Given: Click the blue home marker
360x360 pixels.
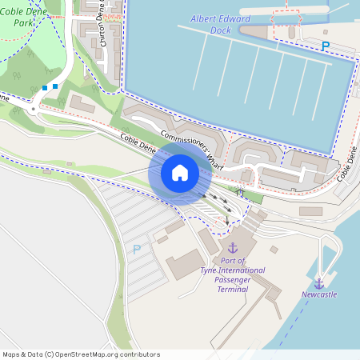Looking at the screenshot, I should pyautogui.click(x=180, y=172).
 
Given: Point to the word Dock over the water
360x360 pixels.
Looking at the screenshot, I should pyautogui.click(x=220, y=30).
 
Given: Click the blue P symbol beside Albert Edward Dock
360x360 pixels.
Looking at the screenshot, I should pyautogui.click(x=325, y=46).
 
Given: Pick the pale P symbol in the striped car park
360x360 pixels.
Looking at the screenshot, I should pyautogui.click(x=136, y=249).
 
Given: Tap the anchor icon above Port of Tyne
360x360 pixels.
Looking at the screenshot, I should pyautogui.click(x=233, y=249).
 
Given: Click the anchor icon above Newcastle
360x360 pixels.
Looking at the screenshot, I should pyautogui.click(x=319, y=283).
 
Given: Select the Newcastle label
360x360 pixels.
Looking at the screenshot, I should pyautogui.click(x=319, y=294).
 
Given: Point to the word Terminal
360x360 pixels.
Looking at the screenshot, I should pyautogui.click(x=232, y=290).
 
